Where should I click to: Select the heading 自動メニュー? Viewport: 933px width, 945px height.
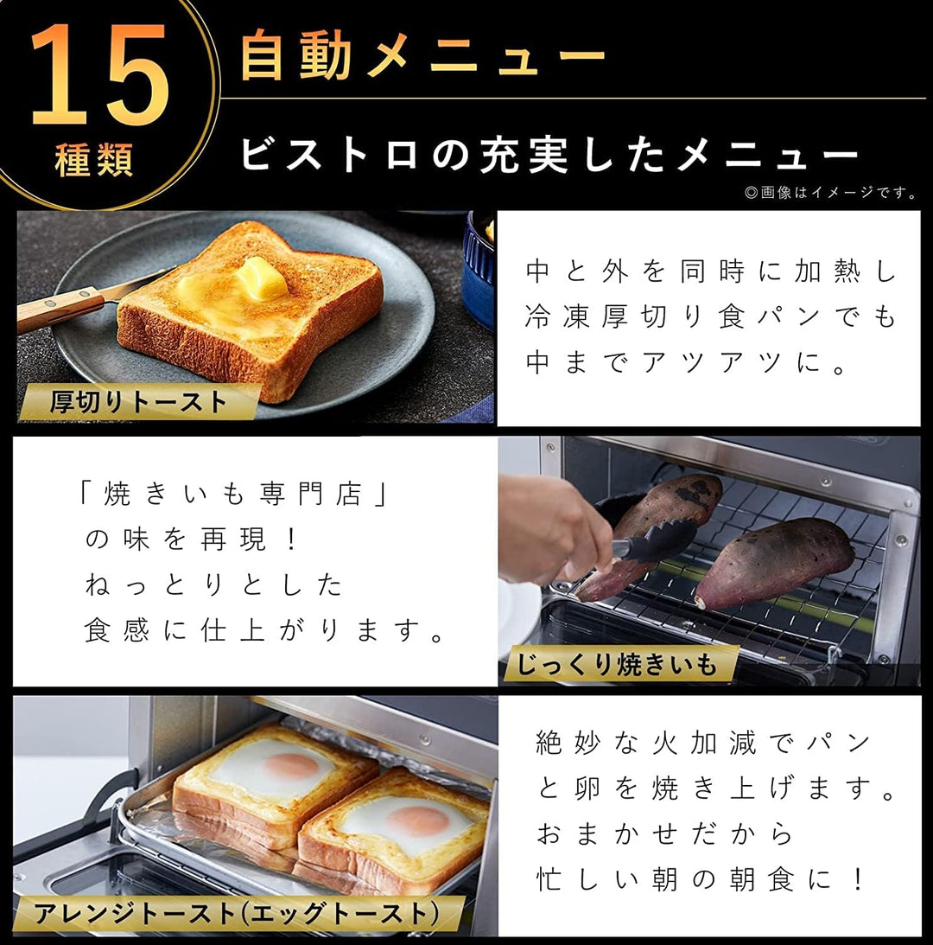(x=422, y=56)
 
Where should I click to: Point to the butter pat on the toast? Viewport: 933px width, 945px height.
(x=260, y=278)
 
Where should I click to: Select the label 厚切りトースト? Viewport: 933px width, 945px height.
(x=139, y=402)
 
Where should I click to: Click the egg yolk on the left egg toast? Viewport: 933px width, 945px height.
(x=291, y=765)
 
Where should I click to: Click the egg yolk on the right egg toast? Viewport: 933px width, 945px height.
(x=416, y=820)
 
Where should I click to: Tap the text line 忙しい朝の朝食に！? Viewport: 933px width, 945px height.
(x=700, y=879)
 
